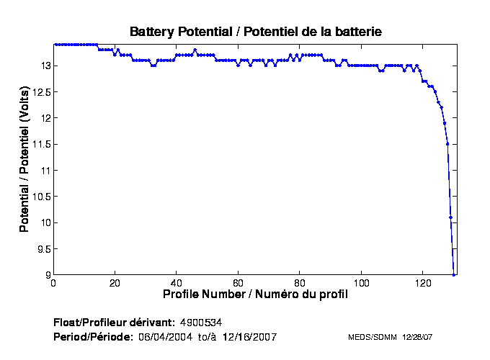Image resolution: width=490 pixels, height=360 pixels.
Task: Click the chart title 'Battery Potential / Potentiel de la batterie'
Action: [255, 32]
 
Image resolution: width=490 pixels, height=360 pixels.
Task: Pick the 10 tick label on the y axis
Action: [44, 223]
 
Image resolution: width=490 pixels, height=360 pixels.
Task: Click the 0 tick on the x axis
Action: [53, 283]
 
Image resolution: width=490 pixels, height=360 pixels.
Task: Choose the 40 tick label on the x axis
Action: [176, 283]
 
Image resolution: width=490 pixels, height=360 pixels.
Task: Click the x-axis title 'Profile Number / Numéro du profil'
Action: [255, 294]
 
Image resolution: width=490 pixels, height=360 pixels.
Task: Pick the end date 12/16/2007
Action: [249, 337]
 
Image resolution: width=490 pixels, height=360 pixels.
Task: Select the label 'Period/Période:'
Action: [93, 337]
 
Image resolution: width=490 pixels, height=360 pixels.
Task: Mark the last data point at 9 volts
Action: [453, 274]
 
